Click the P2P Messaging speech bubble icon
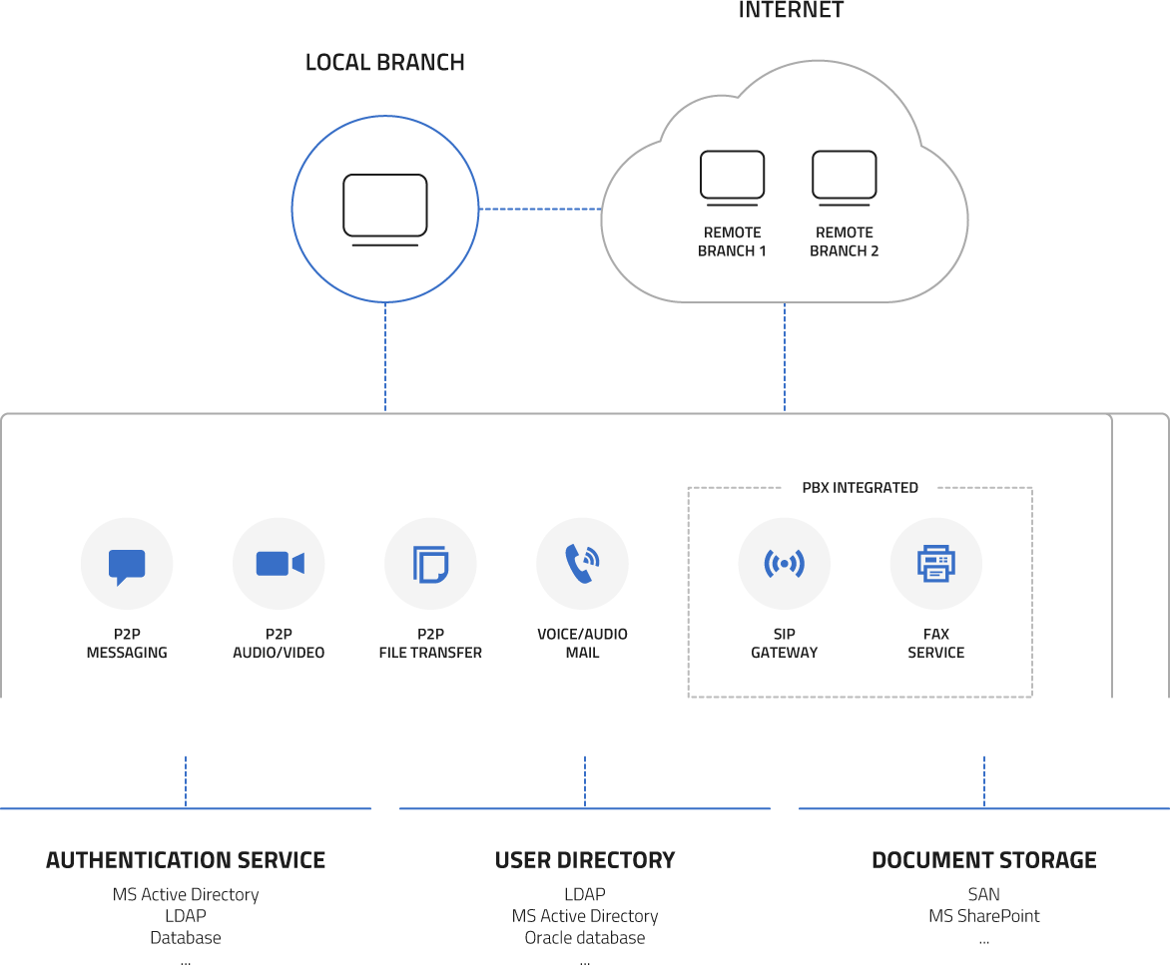click(x=127, y=564)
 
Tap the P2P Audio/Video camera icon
click(x=279, y=564)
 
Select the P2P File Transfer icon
click(x=430, y=564)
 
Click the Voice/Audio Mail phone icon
click(x=582, y=564)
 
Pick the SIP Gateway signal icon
click(x=784, y=564)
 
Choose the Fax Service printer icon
click(x=935, y=564)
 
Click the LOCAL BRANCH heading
click(x=384, y=62)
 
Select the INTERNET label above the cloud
click(x=791, y=11)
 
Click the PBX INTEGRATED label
click(x=860, y=488)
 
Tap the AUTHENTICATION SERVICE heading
click(x=186, y=860)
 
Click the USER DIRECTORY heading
click(x=585, y=860)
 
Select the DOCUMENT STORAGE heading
click(x=983, y=860)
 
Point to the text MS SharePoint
click(x=983, y=916)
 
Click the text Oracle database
click(x=585, y=938)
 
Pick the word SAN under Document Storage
click(x=983, y=895)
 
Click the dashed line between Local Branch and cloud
click(x=539, y=209)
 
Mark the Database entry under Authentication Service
click(x=186, y=938)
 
